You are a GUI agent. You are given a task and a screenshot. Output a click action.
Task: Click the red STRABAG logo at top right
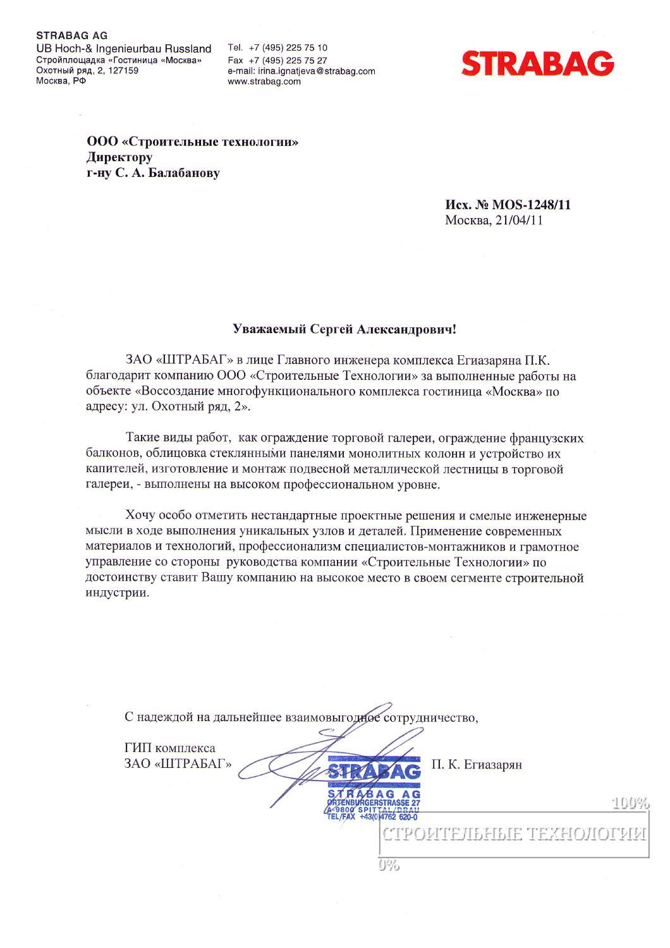click(x=537, y=64)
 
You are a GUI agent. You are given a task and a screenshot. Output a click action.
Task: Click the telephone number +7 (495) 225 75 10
click(x=288, y=48)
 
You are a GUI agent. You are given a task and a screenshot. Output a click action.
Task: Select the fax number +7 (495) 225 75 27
click(x=288, y=60)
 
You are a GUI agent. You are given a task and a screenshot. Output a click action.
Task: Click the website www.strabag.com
click(x=264, y=82)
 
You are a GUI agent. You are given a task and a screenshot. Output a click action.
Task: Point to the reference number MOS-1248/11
click(x=531, y=205)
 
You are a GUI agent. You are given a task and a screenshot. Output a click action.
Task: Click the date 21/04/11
click(x=518, y=221)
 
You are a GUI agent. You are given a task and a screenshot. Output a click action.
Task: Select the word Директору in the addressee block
click(x=119, y=157)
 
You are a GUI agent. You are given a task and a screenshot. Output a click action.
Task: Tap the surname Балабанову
click(x=184, y=173)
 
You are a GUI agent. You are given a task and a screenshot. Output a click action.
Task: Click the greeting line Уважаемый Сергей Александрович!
click(x=344, y=329)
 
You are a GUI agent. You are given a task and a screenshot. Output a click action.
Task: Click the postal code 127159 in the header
click(x=123, y=71)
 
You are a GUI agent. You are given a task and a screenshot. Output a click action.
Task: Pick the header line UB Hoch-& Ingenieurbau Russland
click(x=124, y=49)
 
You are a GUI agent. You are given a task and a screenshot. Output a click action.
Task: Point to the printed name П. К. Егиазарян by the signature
click(x=477, y=765)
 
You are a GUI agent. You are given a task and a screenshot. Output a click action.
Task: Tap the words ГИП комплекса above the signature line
click(x=169, y=748)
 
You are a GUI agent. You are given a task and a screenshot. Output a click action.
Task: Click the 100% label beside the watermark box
click(x=630, y=803)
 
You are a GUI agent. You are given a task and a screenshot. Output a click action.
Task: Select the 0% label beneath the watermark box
click(x=389, y=865)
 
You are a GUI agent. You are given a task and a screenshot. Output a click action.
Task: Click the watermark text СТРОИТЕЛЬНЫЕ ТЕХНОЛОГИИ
click(x=513, y=834)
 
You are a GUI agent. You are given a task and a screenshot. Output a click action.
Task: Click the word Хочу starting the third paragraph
click(x=140, y=516)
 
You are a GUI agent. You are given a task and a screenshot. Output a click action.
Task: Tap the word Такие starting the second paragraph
click(x=143, y=438)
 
